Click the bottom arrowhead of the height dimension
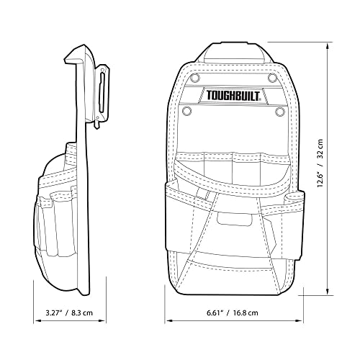tap(329, 296)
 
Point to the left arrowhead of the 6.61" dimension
tap(167, 318)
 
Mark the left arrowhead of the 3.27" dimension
tap(34, 318)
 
